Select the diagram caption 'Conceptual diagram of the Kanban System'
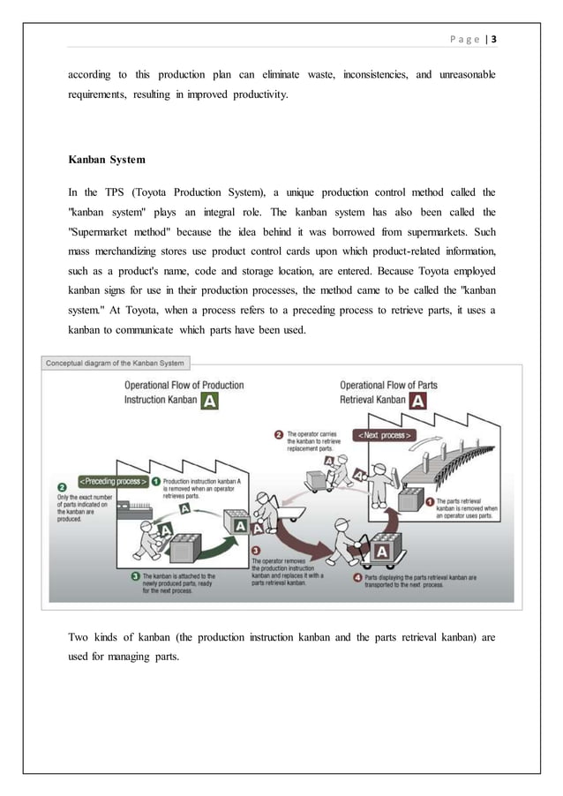115,362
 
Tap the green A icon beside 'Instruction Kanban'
209,401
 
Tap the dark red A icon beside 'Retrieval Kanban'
420,400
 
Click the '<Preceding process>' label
113,482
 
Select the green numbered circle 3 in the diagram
136,576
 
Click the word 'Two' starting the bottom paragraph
79,636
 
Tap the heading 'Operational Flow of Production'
184,386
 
